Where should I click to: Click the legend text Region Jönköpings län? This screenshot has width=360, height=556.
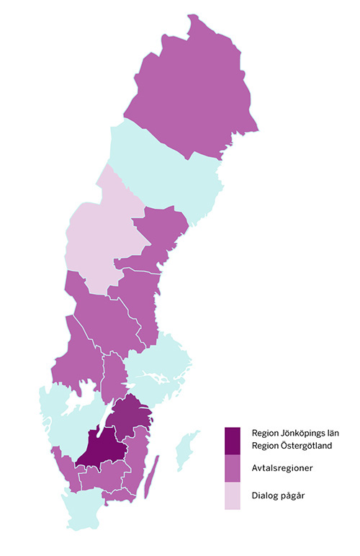click(294, 434)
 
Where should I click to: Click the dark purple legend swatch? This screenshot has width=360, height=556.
click(232, 440)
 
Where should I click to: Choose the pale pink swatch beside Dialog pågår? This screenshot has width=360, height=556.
click(232, 496)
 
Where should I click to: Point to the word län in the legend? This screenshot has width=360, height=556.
click(330, 434)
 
